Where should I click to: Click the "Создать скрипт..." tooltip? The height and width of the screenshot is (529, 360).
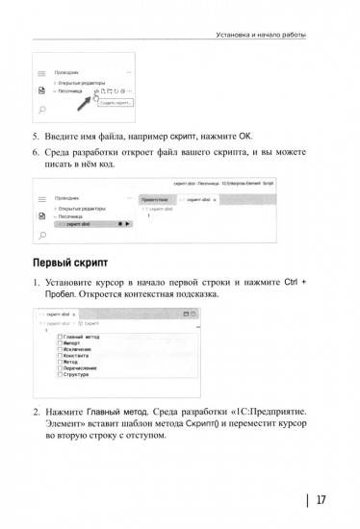click(x=116, y=101)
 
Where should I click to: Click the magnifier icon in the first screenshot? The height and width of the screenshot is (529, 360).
click(x=42, y=111)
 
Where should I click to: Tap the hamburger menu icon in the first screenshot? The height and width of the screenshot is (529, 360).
click(x=42, y=72)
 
